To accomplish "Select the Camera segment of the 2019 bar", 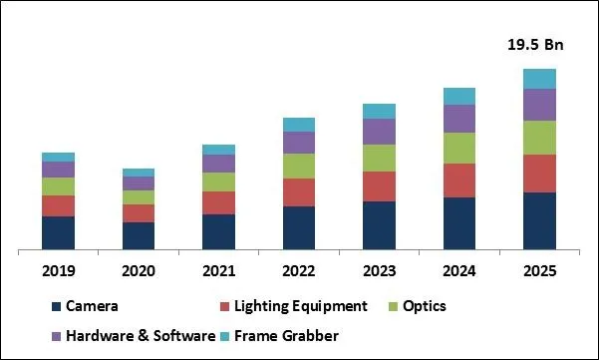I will (x=58, y=231).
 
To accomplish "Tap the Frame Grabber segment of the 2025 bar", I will (x=539, y=78).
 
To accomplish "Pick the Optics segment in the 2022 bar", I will (x=298, y=166).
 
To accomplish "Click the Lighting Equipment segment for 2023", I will (x=379, y=186).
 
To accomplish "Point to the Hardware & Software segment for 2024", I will (x=458, y=119).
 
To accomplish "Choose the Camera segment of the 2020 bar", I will (x=139, y=234).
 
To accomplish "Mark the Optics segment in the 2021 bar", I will (x=218, y=181).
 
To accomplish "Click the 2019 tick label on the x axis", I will (x=58, y=270).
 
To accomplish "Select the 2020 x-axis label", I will (x=139, y=270).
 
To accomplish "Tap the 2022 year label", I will (x=298, y=270).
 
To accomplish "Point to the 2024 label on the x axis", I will (x=458, y=270).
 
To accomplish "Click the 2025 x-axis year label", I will (x=539, y=270).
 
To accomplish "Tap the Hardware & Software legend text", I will (x=140, y=336).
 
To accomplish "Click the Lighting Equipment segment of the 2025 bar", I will (x=539, y=174).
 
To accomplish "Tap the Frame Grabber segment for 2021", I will (x=218, y=150).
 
